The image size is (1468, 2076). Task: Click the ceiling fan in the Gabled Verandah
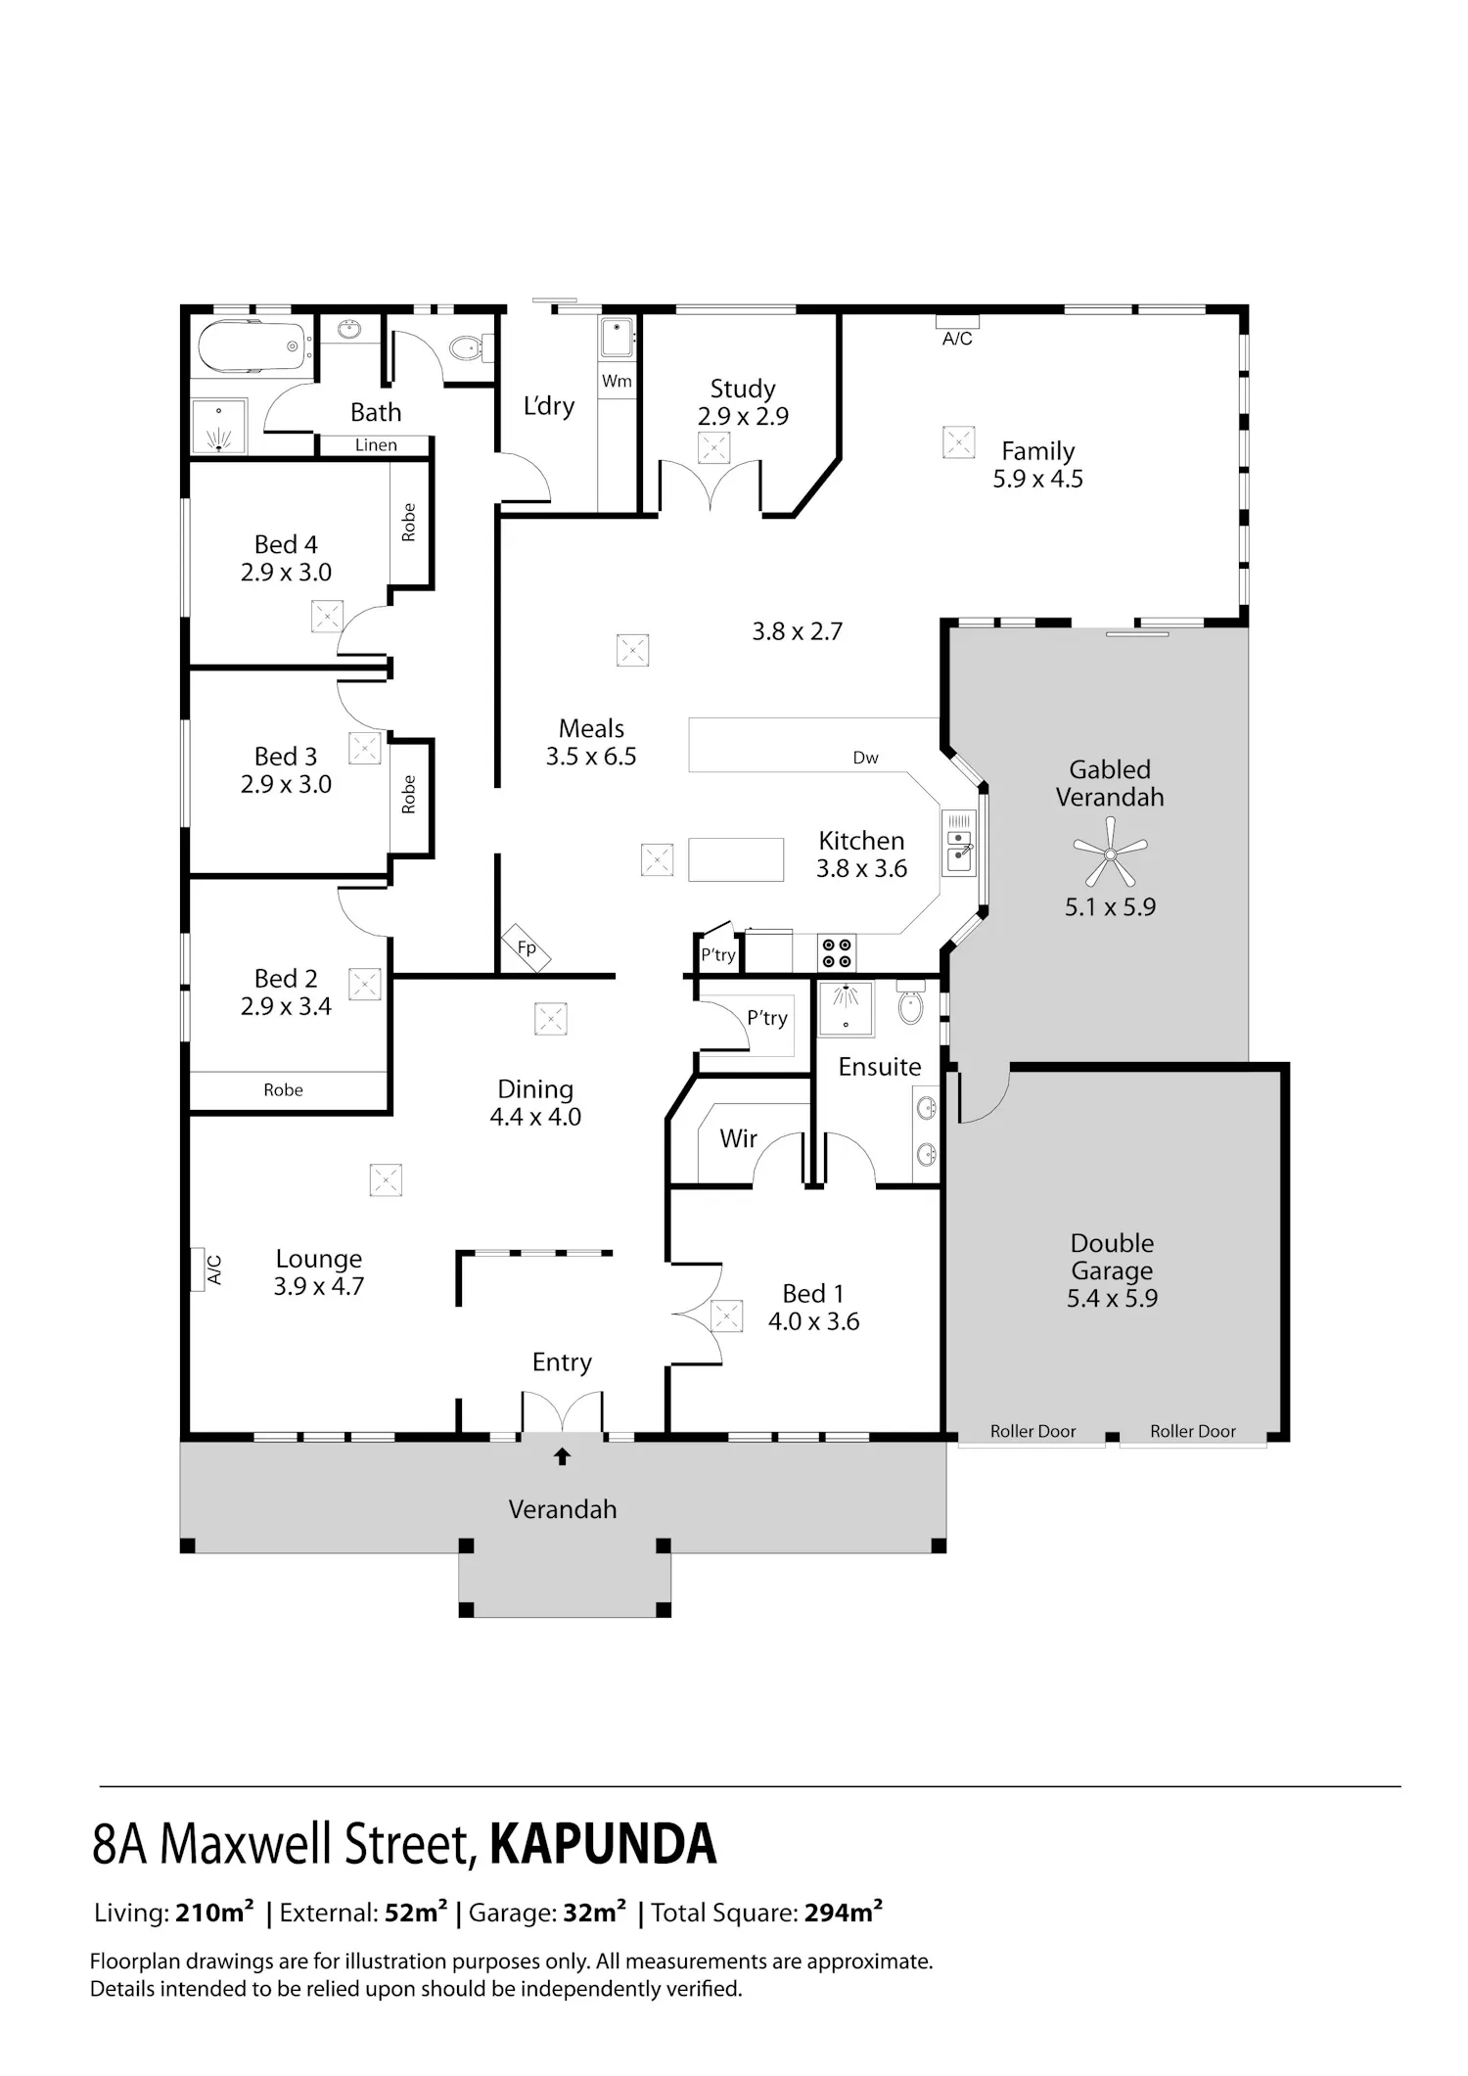click(x=1110, y=853)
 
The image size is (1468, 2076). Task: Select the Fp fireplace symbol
click(x=527, y=947)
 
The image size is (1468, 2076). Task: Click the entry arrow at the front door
click(x=562, y=1456)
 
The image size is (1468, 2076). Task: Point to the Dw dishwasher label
click(x=865, y=758)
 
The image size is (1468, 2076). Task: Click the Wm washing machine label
click(x=617, y=381)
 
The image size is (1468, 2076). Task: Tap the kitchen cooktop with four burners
click(x=837, y=952)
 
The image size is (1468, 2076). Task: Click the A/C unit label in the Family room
click(x=957, y=339)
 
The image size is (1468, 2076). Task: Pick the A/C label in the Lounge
click(x=214, y=1269)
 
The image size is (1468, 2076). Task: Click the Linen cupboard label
click(x=376, y=445)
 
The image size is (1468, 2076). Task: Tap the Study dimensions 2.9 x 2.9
click(x=743, y=416)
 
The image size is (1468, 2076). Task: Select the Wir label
click(x=738, y=1138)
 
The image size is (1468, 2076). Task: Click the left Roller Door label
click(x=1032, y=1431)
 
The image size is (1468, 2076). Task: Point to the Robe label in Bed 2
click(x=283, y=1089)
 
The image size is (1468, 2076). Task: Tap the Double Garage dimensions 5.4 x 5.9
click(x=1112, y=1298)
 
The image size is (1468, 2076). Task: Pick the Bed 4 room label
click(x=286, y=544)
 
